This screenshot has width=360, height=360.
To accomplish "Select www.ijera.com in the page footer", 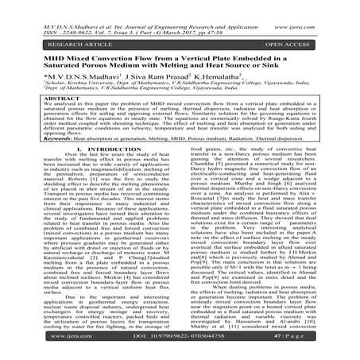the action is [x=40, y=346].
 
